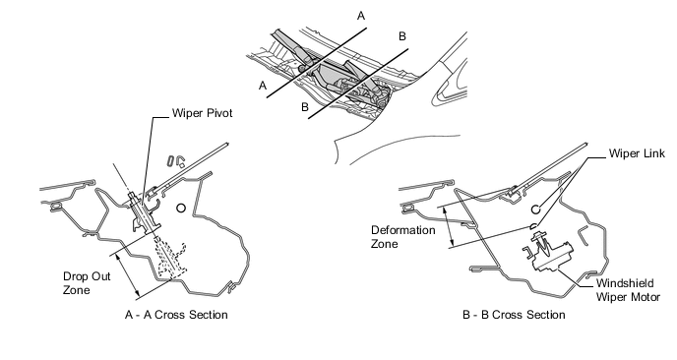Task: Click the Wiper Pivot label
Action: (202, 113)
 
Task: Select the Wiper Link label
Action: (637, 153)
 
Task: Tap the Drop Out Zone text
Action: (87, 283)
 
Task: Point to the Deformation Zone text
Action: (403, 237)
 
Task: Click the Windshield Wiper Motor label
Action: (628, 290)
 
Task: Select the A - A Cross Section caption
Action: (176, 315)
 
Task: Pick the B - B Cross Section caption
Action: (514, 315)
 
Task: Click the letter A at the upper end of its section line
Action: (361, 16)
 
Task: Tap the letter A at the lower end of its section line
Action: (263, 86)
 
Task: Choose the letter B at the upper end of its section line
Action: (402, 36)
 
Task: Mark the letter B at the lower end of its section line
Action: (305, 107)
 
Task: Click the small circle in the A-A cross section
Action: (181, 209)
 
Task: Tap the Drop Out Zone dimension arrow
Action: (128, 275)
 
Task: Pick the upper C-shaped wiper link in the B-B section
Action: (535, 210)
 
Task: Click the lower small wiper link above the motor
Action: (533, 226)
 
